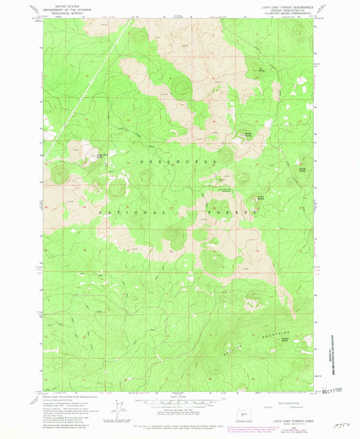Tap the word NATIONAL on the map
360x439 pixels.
click(x=119, y=211)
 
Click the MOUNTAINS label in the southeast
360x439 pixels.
click(x=278, y=335)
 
